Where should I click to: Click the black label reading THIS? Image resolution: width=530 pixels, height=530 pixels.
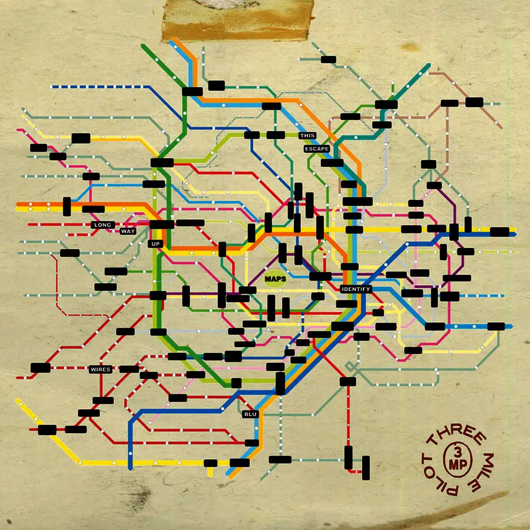pos(307,136)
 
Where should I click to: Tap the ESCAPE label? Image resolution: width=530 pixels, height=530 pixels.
pos(317,149)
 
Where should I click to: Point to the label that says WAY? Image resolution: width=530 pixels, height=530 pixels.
pos(128,231)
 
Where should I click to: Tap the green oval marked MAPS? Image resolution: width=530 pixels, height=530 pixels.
pos(275,279)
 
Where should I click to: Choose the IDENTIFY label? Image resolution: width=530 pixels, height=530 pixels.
pos(356,289)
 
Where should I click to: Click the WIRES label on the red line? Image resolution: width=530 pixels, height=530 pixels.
pos(99,370)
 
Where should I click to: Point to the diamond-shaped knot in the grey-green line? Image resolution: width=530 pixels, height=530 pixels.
pos(352,366)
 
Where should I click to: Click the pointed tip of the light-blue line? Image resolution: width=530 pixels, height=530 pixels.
pos(509,327)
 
